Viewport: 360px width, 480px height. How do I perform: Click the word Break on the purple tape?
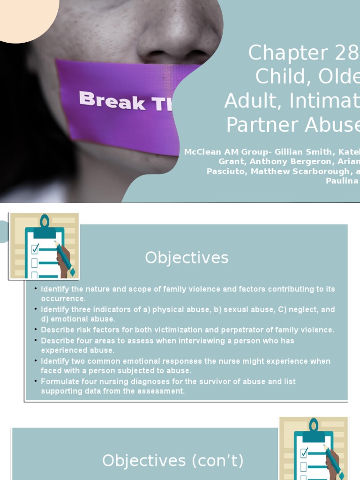(112, 101)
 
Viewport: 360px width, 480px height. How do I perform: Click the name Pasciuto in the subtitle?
(226, 171)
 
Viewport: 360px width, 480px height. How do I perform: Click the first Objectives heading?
(187, 257)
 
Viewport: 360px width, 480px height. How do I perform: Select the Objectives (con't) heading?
(173, 460)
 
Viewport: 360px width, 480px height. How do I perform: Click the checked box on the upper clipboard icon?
(35, 249)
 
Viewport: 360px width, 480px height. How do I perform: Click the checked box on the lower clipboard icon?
(304, 452)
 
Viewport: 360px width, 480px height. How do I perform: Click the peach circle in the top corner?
(23, 14)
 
